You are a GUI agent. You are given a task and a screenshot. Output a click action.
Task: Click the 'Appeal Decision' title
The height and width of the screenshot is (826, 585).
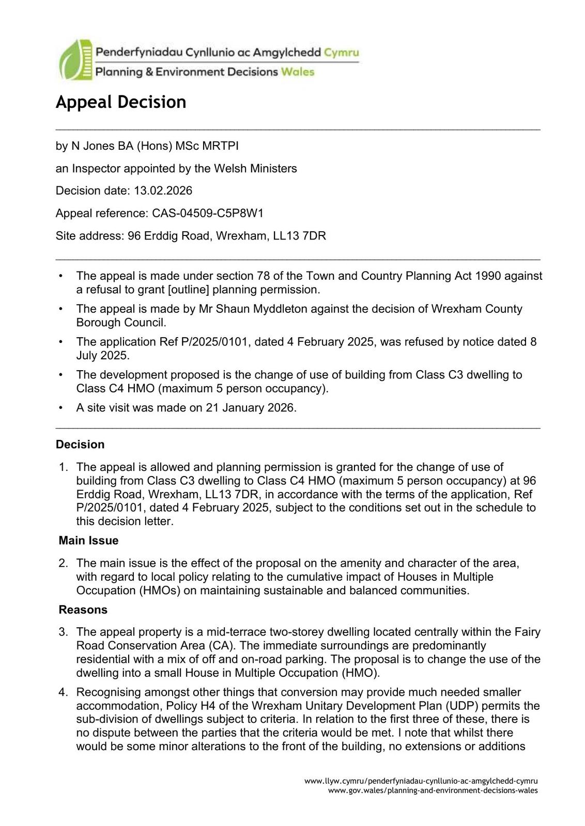[x=121, y=102]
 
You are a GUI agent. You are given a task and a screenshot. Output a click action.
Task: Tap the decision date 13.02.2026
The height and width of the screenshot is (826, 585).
[x=163, y=190]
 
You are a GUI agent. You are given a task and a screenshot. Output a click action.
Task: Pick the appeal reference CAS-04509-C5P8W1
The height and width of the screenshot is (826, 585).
[x=208, y=213]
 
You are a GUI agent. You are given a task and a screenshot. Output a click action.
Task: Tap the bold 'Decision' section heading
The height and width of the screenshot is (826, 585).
[x=80, y=444]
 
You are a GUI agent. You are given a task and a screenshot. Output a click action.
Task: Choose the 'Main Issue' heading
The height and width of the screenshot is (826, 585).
[x=88, y=541]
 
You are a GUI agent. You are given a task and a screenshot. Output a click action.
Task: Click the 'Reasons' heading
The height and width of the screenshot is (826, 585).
[x=83, y=610]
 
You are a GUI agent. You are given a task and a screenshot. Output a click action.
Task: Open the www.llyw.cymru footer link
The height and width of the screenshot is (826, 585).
[x=421, y=781]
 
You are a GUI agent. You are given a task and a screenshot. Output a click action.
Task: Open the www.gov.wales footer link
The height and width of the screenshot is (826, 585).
[x=433, y=790]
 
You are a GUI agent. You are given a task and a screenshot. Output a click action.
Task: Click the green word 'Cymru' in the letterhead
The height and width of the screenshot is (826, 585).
[x=341, y=52]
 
